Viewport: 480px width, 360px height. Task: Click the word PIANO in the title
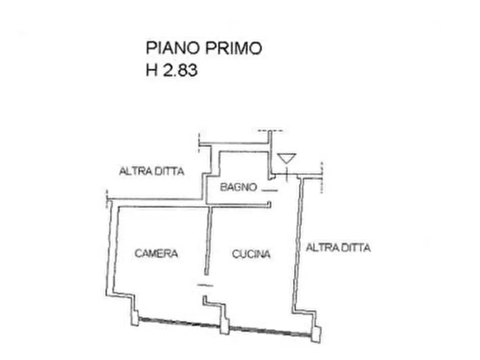173,48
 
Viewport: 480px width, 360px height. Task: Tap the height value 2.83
180,70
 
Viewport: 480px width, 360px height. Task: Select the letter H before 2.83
152,70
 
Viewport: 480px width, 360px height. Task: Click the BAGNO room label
239,187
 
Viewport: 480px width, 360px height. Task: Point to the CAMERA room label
156,254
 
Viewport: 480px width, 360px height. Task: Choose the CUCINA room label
251,254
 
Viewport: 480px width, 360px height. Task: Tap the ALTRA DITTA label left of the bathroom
152,171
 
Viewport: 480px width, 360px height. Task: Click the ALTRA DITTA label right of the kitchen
338,247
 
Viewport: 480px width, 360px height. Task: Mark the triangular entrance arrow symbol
286,159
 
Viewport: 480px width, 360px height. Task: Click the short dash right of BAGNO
270,190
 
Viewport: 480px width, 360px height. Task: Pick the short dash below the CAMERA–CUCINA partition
205,285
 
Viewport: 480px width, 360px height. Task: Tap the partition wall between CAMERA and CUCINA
209,241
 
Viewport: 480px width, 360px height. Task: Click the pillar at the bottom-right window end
316,334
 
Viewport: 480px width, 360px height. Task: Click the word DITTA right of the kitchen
356,247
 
